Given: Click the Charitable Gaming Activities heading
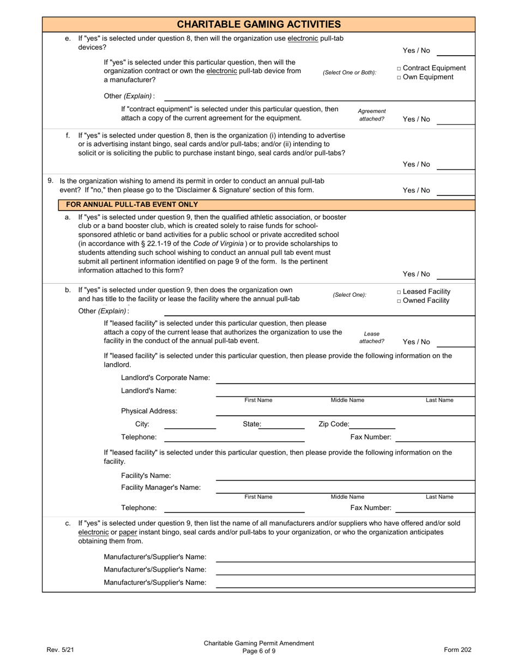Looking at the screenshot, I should coord(258,24).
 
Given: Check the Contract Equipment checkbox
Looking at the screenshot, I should coord(399,69).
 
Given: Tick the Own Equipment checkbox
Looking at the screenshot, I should coord(399,77).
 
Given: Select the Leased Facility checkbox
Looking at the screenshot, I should coord(399,292).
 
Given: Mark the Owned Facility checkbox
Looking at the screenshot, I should coord(399,301).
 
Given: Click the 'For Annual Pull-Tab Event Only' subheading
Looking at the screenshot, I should coord(132,205).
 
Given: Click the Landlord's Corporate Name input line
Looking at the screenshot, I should coord(345,379).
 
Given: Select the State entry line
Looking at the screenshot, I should coord(282,424).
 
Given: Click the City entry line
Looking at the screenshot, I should coord(190,424).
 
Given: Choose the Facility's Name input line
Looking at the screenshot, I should coord(345,476).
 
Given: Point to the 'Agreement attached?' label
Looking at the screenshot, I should coord(372,115).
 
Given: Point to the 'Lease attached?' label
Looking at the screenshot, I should coord(372,337).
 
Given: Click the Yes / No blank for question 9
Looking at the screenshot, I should coord(455,190).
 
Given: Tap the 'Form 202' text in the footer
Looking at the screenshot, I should coord(457,649).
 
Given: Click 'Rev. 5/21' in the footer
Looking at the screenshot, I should coord(60,649).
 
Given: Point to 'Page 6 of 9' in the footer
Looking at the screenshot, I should coord(259,651).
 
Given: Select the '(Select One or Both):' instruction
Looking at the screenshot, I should coord(350,73).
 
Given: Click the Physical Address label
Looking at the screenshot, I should coord(149,411).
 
